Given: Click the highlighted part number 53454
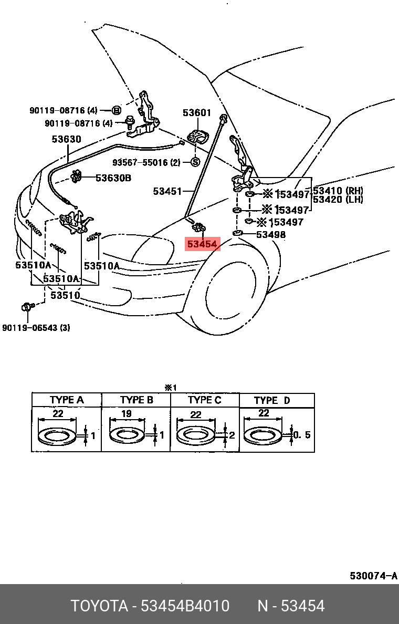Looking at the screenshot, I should [202, 244].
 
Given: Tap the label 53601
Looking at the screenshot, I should [197, 112].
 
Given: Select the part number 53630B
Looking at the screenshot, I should [113, 178].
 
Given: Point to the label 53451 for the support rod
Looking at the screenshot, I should [167, 191].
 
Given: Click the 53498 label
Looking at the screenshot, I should [271, 234].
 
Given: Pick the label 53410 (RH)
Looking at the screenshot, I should [338, 191].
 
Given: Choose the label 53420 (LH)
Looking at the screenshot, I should [338, 200].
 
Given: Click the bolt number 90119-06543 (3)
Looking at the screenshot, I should [36, 328].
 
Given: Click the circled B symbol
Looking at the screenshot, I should [117, 110].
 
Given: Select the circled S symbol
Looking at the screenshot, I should [195, 162].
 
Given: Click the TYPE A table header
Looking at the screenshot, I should [67, 400].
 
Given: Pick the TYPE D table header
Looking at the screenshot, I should [271, 400].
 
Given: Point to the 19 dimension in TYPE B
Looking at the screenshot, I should [127, 414].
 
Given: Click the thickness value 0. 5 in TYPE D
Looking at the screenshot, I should [301, 435].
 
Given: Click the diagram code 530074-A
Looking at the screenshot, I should [373, 576].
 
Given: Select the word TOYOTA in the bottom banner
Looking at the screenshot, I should [100, 606].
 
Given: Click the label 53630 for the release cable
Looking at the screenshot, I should [66, 139].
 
